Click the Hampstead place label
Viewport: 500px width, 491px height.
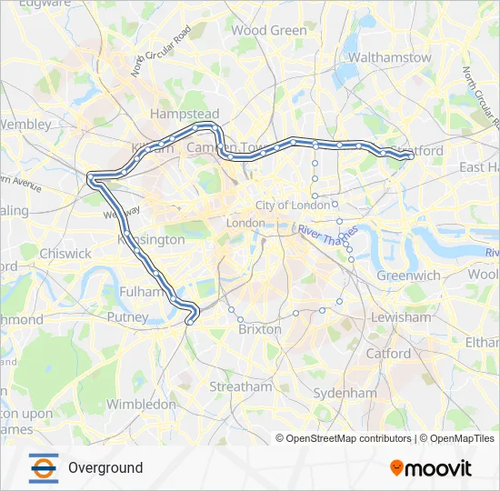(x=179, y=114)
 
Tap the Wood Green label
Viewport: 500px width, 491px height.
(x=269, y=30)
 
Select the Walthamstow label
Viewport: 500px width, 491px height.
(x=390, y=57)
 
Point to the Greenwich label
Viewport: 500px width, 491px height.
(x=409, y=275)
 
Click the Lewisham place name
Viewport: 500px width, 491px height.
(x=401, y=317)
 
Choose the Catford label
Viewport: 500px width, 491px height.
(x=388, y=353)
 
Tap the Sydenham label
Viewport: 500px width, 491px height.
(x=345, y=393)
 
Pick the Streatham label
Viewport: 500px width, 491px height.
(x=241, y=386)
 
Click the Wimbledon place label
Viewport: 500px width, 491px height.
(x=141, y=403)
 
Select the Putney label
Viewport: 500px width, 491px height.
(x=127, y=317)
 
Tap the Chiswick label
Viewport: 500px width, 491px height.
(x=65, y=254)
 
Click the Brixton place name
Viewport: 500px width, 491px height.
(x=260, y=329)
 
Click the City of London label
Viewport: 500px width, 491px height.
(x=292, y=205)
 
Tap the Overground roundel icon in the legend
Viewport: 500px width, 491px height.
(x=43, y=467)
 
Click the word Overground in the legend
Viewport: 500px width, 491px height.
(x=105, y=467)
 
